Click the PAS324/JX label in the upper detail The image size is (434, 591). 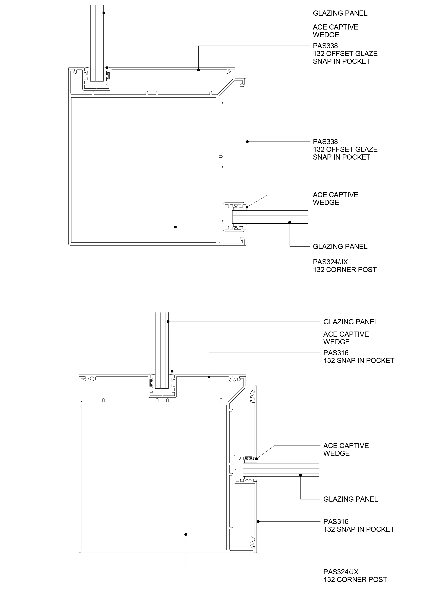pyautogui.click(x=330, y=262)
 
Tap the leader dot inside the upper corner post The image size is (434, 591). pyautogui.click(x=175, y=227)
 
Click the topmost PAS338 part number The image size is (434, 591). pyautogui.click(x=325, y=46)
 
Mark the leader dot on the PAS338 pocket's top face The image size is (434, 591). pyautogui.click(x=199, y=70)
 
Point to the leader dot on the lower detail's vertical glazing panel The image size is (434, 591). pyautogui.click(x=168, y=321)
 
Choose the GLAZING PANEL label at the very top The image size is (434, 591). pyautogui.click(x=340, y=13)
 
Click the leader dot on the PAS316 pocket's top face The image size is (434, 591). pyautogui.click(x=209, y=377)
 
